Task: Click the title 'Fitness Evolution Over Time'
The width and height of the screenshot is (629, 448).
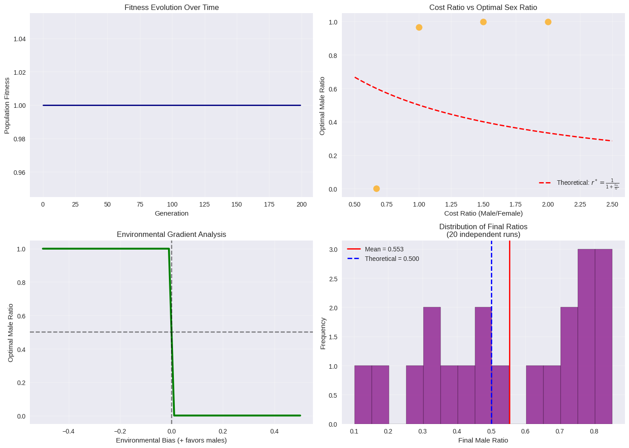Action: click(171, 7)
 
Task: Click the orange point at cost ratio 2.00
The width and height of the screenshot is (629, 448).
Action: click(548, 22)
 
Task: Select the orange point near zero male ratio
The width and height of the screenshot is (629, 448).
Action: click(376, 188)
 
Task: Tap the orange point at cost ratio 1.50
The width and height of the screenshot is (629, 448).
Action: click(483, 22)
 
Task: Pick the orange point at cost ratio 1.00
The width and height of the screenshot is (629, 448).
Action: click(419, 27)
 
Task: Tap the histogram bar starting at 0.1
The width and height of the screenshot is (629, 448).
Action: click(363, 395)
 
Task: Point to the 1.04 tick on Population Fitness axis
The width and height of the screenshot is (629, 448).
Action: click(19, 39)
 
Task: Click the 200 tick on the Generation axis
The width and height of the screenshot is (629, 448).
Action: click(302, 204)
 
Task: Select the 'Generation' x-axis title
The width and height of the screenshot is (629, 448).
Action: click(171, 213)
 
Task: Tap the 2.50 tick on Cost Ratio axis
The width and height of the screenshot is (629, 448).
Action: click(612, 204)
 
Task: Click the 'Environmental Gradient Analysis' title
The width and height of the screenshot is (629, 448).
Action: click(171, 234)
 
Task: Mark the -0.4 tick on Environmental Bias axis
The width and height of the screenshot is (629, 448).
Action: click(68, 431)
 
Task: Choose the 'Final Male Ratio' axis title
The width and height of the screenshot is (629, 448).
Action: click(483, 440)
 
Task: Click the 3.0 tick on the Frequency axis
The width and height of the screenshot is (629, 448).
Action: click(333, 250)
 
